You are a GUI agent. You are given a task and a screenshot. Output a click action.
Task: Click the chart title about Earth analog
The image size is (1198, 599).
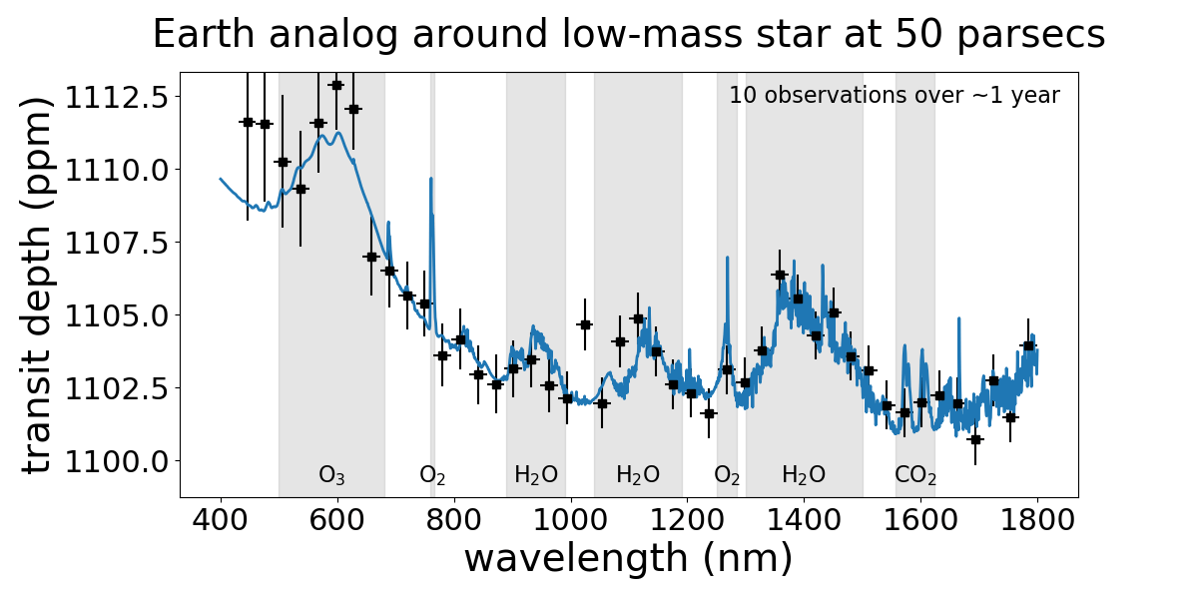pyautogui.click(x=628, y=35)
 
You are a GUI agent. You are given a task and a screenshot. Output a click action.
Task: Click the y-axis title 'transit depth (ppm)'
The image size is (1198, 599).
pyautogui.click(x=37, y=285)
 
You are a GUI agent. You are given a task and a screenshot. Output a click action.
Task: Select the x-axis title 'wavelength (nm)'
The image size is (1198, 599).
pyautogui.click(x=628, y=558)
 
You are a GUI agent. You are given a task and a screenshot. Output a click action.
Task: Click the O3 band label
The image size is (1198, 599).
pyautogui.click(x=331, y=475)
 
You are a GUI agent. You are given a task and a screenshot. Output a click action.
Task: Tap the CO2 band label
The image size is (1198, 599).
pyautogui.click(x=914, y=475)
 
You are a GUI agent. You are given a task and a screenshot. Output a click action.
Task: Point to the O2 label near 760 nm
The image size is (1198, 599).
pyautogui.click(x=432, y=475)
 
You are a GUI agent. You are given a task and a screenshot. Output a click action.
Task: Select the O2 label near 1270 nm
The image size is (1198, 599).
pyautogui.click(x=727, y=475)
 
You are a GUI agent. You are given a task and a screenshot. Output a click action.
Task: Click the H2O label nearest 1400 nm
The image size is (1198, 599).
pyautogui.click(x=804, y=475)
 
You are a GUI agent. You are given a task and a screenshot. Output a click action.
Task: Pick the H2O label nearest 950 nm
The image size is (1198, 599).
pyautogui.click(x=536, y=475)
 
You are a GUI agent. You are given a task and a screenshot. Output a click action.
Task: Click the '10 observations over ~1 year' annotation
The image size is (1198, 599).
pyautogui.click(x=894, y=96)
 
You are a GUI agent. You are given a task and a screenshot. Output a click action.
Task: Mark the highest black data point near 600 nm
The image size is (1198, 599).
pyautogui.click(x=336, y=85)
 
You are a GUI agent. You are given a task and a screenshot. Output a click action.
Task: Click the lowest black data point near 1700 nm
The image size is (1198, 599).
pyautogui.click(x=975, y=439)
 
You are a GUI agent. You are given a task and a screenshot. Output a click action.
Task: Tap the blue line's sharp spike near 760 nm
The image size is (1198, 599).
pyautogui.click(x=430, y=180)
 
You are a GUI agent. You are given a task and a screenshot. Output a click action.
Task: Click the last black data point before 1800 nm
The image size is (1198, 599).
pyautogui.click(x=1028, y=345)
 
